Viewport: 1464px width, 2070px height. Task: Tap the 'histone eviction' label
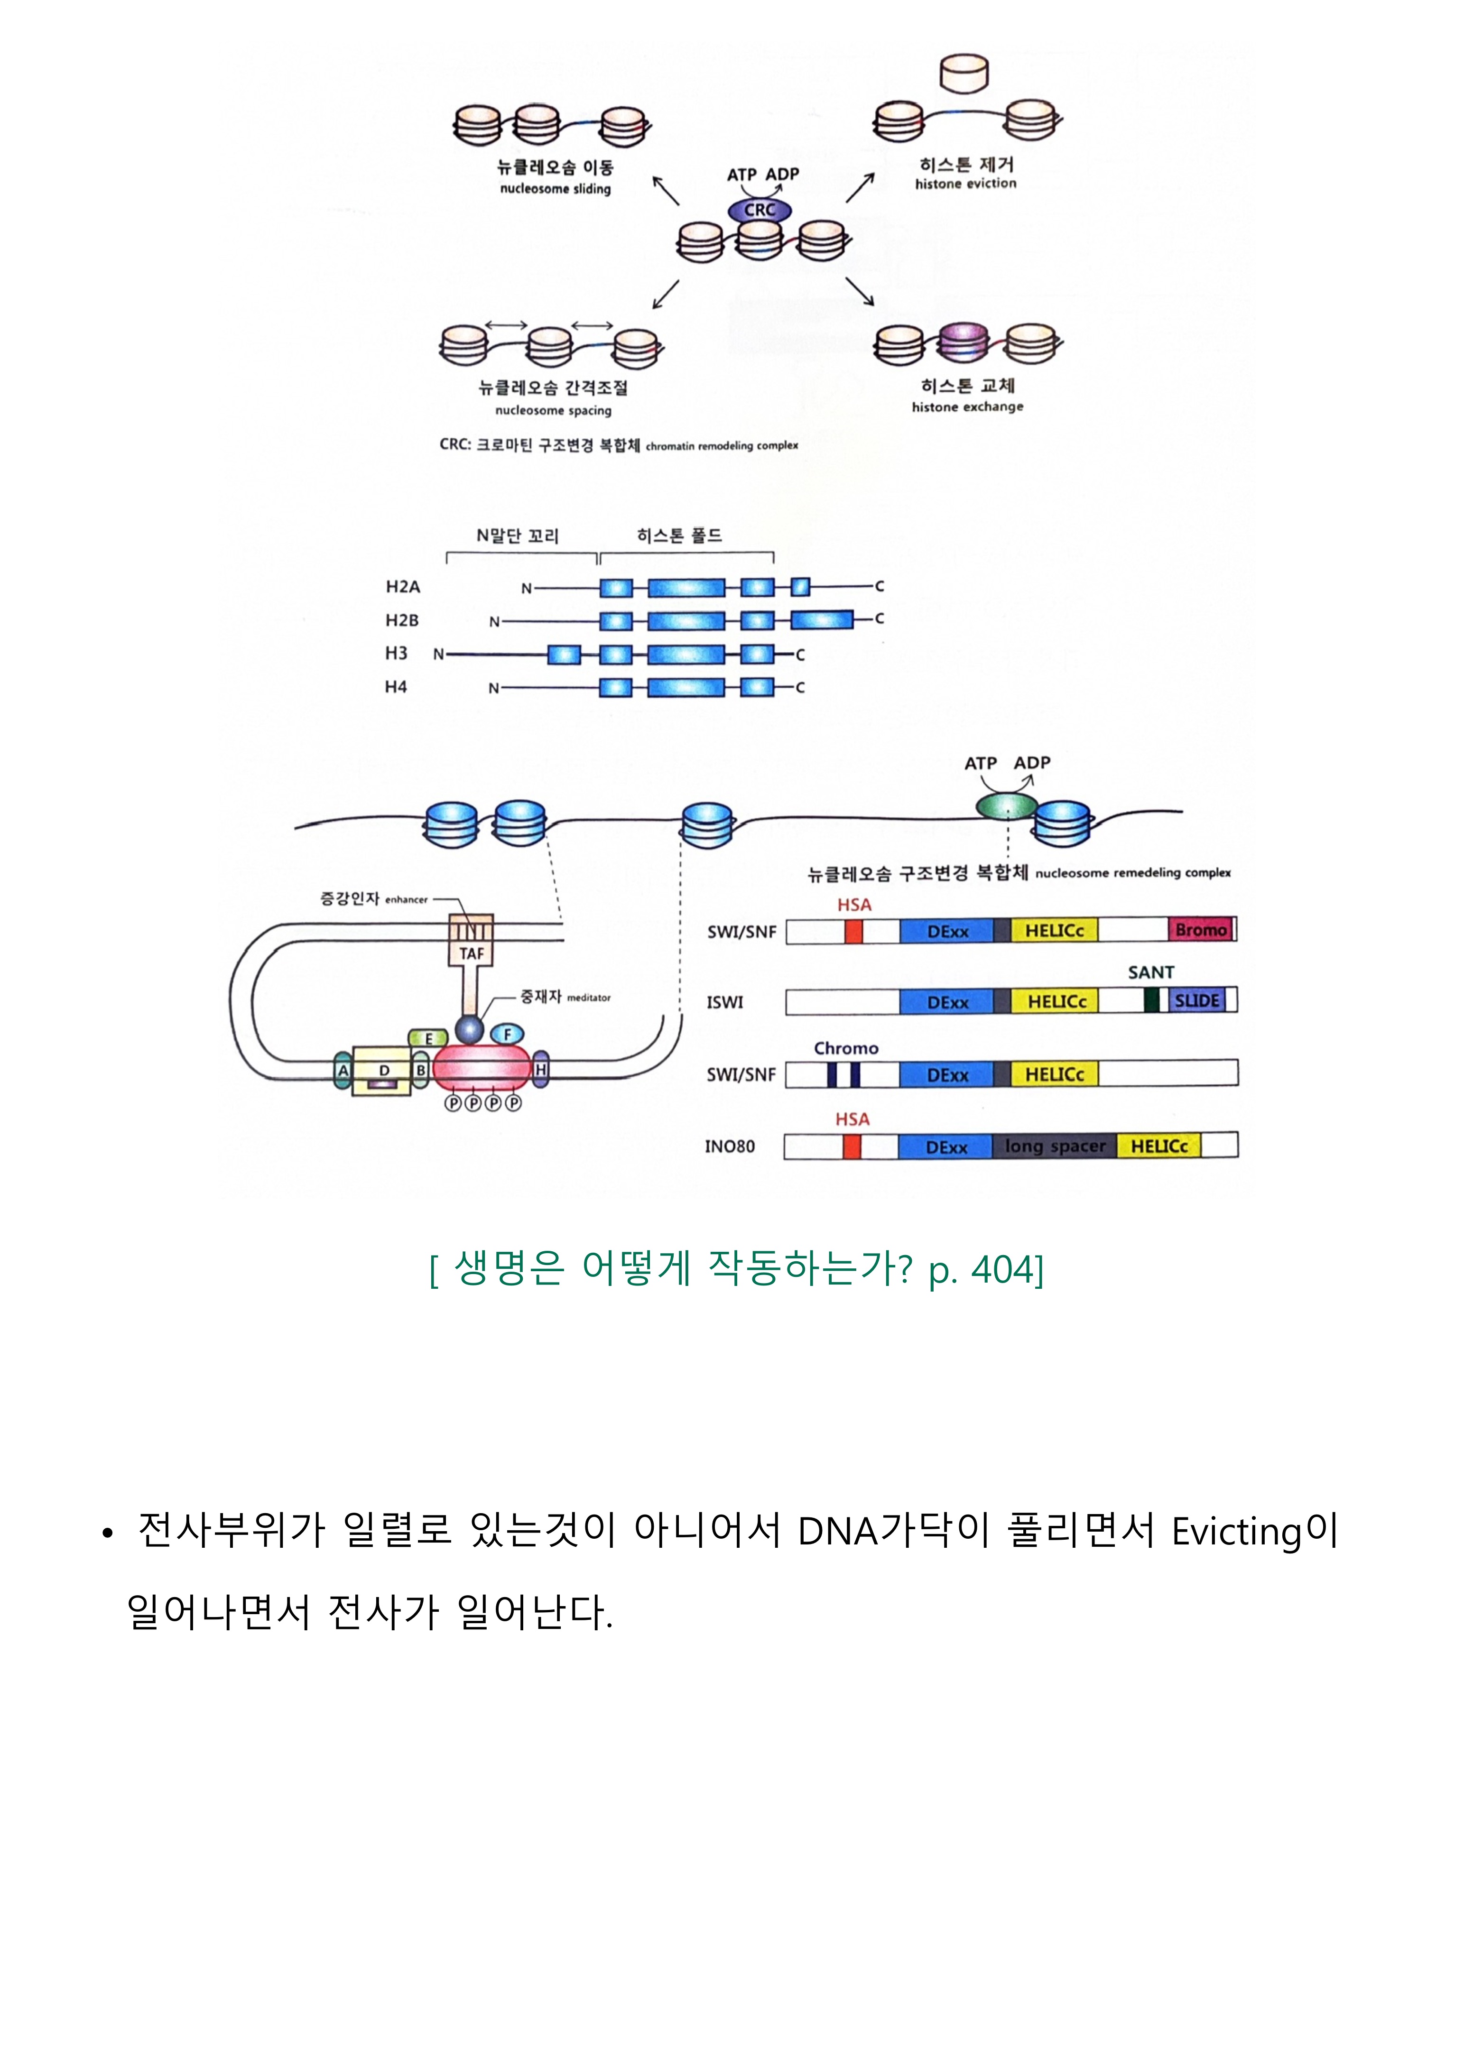coord(965,184)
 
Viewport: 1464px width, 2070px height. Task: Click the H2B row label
coord(402,620)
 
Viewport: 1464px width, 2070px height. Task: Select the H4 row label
coord(397,687)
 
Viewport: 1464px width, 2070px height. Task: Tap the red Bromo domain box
coord(1201,930)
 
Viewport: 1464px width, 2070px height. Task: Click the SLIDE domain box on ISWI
coord(1197,1001)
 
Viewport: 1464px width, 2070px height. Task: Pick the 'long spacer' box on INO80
coord(1055,1146)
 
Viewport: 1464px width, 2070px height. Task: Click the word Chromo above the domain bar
coord(845,1049)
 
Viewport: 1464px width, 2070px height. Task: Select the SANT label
coord(1151,973)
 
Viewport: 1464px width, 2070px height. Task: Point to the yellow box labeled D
coord(383,1071)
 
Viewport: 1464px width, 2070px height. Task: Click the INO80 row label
coord(730,1147)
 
